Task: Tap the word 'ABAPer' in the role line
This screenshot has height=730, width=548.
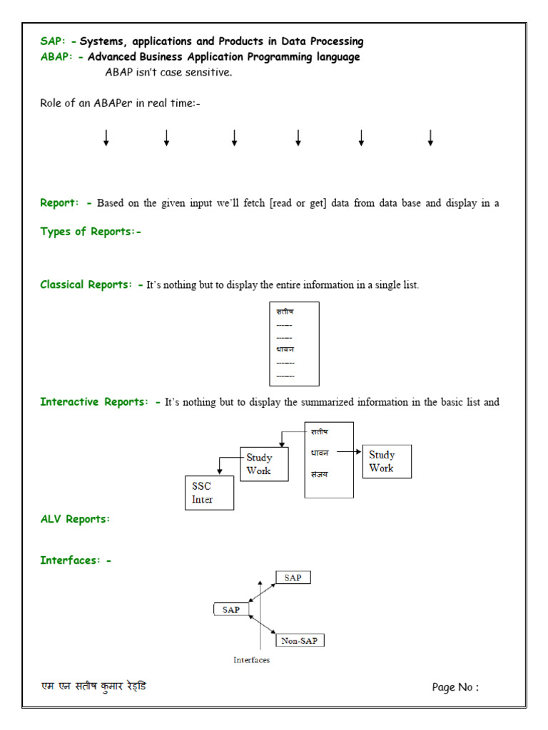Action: click(x=113, y=103)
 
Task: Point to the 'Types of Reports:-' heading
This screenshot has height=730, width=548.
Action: click(x=91, y=231)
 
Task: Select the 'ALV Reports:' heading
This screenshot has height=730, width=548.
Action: click(x=75, y=519)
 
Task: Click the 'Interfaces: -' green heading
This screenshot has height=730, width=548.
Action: click(x=76, y=560)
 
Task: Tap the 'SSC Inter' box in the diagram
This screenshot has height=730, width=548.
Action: click(x=208, y=493)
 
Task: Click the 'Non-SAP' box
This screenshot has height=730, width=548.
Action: click(x=300, y=640)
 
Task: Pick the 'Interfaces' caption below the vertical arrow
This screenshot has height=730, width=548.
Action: click(x=251, y=660)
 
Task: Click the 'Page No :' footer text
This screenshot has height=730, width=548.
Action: click(x=455, y=687)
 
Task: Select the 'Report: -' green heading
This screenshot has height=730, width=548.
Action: click(x=66, y=203)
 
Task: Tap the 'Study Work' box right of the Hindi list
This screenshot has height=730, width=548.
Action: click(x=387, y=461)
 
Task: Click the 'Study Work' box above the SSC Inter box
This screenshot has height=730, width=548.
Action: click(x=264, y=464)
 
